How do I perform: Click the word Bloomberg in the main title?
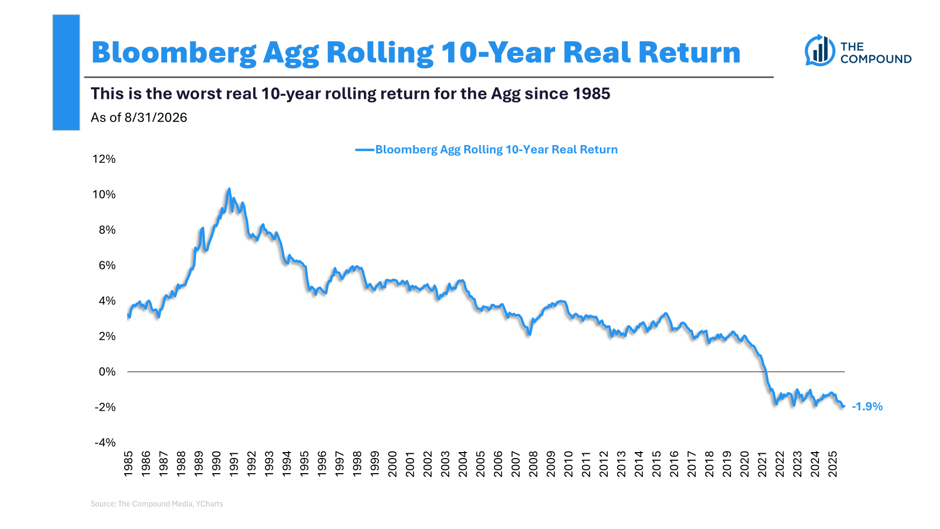click(x=174, y=53)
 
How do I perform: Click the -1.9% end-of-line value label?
click(x=867, y=406)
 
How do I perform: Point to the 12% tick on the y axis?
click(x=104, y=159)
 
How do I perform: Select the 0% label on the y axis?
click(x=107, y=371)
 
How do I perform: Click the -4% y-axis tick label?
click(x=105, y=442)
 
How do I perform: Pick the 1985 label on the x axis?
click(x=128, y=463)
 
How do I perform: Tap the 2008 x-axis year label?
click(x=533, y=463)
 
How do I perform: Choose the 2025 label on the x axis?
click(x=833, y=463)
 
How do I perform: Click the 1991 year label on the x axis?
click(x=234, y=463)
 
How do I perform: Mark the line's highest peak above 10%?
click(x=229, y=189)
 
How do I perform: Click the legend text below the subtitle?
click(x=497, y=149)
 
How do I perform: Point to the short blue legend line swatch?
click(x=365, y=150)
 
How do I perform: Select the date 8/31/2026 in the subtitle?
click(x=156, y=118)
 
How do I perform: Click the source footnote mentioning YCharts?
click(x=157, y=504)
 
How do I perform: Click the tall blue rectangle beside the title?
click(x=66, y=73)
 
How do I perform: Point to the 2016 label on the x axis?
click(x=674, y=463)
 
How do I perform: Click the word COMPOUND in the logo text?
click(x=876, y=59)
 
